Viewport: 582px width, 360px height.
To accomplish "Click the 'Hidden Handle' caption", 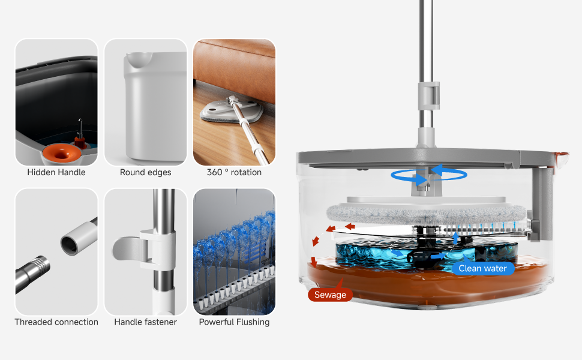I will point(56,172).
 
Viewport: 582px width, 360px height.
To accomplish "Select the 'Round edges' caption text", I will point(145,172).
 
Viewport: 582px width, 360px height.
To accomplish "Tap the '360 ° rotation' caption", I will point(234,172).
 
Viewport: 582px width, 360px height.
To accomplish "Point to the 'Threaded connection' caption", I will point(56,322).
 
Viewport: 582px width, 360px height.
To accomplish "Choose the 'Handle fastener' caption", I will point(145,322).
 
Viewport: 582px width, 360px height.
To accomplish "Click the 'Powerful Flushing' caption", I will point(234,322).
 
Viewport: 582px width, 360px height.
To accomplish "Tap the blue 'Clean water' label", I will point(482,268).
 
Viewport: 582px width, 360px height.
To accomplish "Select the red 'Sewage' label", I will point(330,295).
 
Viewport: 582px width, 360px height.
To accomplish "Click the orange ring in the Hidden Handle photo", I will point(59,152).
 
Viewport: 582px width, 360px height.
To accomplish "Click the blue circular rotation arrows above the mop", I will point(428,174).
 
